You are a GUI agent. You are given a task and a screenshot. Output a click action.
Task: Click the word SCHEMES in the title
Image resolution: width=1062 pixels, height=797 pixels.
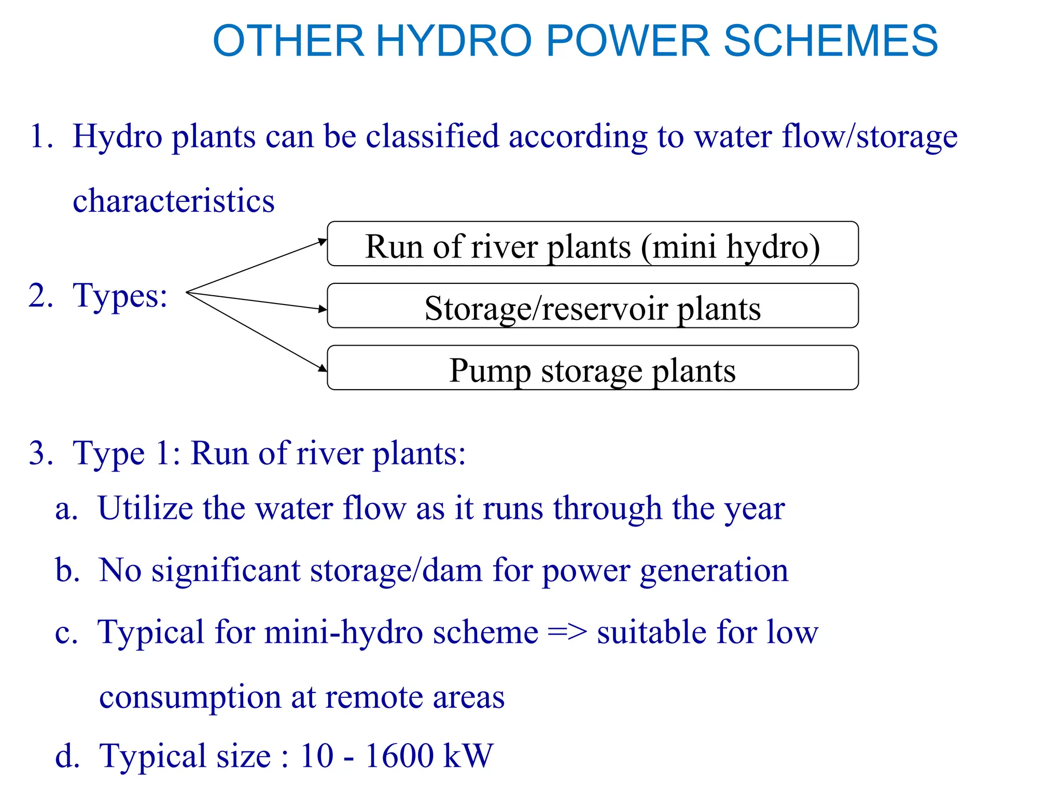tap(830, 41)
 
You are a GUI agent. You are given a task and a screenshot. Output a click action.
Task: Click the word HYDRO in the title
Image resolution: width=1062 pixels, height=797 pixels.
tap(454, 41)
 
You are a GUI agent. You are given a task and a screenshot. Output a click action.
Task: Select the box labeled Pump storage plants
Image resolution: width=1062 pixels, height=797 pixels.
tap(592, 368)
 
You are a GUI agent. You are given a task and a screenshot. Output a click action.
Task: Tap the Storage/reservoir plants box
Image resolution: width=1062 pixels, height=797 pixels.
tap(592, 306)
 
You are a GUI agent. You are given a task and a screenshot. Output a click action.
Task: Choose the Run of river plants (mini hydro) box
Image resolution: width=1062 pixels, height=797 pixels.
tap(592, 244)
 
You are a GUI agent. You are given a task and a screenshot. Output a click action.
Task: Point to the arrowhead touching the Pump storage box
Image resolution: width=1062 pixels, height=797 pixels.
tap(323, 368)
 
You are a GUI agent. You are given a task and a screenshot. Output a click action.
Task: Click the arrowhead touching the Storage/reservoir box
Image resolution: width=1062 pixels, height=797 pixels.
tap(323, 309)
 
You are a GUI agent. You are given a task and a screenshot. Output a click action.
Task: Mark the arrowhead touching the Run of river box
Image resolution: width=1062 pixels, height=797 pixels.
tap(323, 241)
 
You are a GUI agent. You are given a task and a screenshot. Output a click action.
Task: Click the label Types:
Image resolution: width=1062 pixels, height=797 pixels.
tap(120, 296)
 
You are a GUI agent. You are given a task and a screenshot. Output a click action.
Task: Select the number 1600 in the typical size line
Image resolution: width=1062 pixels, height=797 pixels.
tap(399, 755)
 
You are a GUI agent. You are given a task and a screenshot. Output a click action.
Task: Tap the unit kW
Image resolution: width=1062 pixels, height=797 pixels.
tap(468, 755)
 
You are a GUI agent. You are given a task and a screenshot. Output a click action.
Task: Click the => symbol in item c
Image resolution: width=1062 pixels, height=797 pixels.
tap(567, 633)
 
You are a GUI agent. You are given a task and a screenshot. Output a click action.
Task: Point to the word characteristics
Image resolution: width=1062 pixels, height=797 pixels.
tap(174, 201)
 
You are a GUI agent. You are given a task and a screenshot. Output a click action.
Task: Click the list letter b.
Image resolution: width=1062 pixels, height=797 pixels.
tap(67, 570)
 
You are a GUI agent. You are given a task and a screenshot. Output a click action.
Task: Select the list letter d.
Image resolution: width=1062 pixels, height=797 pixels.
tap(67, 755)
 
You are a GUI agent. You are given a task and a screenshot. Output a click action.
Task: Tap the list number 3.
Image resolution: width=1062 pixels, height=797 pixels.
tap(40, 453)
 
